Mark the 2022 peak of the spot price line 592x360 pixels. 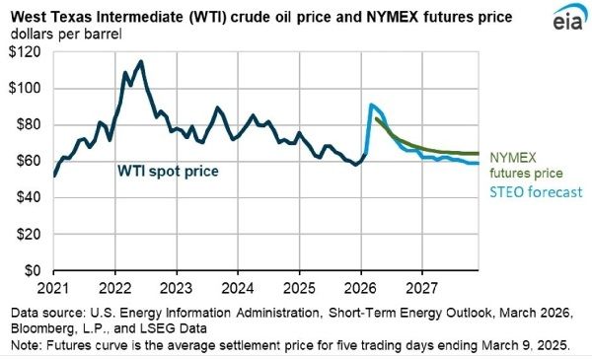click(141, 62)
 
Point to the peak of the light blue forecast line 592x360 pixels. click(371, 105)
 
